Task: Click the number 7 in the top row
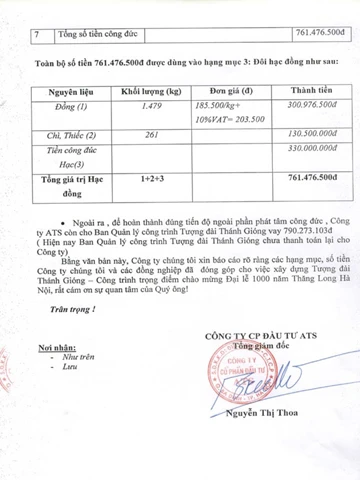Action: point(36,34)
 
